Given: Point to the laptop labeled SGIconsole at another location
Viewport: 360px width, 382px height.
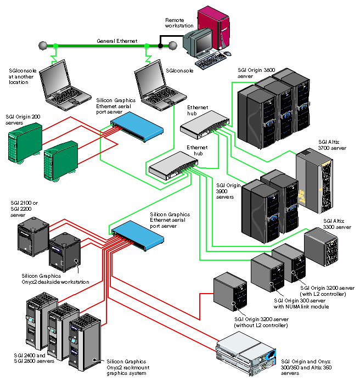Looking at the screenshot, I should click(x=64, y=84).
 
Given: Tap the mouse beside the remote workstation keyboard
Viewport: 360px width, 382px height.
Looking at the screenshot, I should click(x=228, y=54).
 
